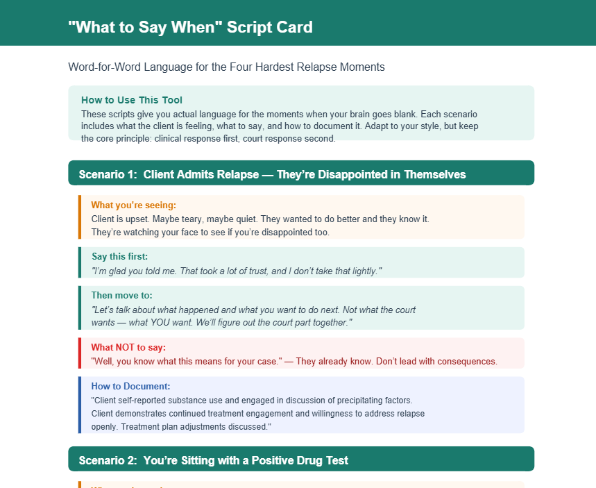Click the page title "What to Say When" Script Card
[190, 27]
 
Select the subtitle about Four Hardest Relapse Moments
[227, 67]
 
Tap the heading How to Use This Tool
[132, 100]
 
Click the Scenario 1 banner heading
[272, 175]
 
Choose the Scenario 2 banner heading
[213, 461]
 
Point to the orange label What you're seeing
[134, 205]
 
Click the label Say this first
[120, 256]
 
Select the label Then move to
[121, 296]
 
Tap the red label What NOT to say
[128, 347]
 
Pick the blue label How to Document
[130, 387]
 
